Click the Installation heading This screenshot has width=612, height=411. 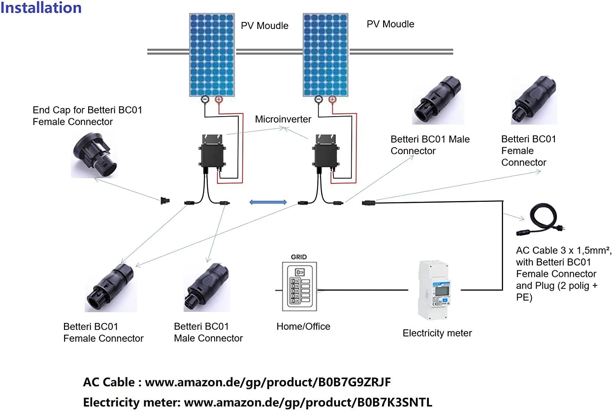coord(41,8)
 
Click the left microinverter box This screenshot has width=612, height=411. coord(212,152)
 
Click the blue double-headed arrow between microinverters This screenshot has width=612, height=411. coord(268,202)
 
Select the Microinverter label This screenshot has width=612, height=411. coord(283,119)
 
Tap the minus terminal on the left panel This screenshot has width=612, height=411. coord(205,99)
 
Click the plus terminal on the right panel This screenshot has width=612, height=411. coord(332,99)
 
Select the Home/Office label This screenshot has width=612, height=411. coord(303,327)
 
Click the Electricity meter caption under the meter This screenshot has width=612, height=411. coord(437,334)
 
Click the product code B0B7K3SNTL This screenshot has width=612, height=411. coord(394,402)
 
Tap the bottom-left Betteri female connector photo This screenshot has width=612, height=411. coord(111,288)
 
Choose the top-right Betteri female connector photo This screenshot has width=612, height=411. coord(534,100)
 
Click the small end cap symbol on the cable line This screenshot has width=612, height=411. coord(165,201)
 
